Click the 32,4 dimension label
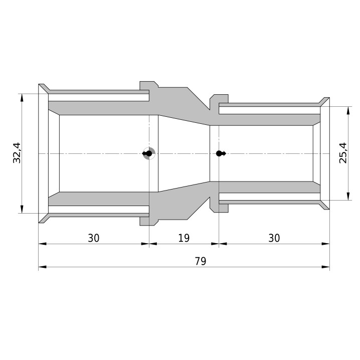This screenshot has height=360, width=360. [x=17, y=153]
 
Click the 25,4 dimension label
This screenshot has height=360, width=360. [x=343, y=153]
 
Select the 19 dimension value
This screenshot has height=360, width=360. [x=184, y=238]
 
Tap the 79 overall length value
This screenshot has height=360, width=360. [x=201, y=261]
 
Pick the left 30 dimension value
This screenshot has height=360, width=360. [x=94, y=238]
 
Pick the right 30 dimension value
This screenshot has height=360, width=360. [x=274, y=238]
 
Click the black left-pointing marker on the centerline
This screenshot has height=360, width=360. [x=147, y=153]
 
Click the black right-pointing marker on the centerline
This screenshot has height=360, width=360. [x=221, y=153]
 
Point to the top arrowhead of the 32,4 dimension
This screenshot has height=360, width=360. [x=22, y=98]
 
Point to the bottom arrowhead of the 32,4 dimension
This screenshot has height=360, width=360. [x=22, y=209]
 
